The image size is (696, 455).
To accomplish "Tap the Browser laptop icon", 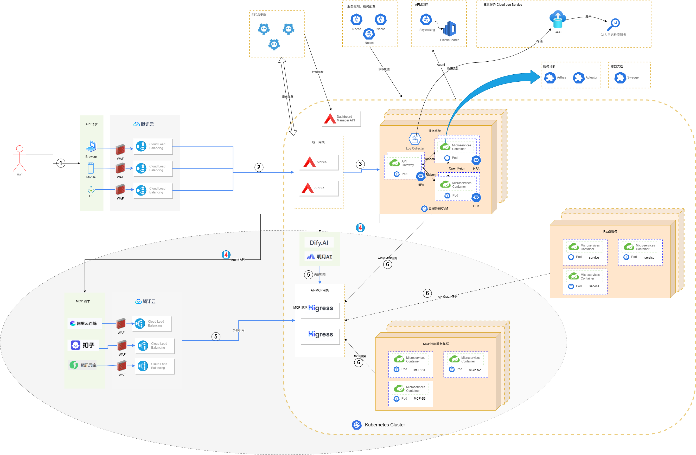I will [x=91, y=146].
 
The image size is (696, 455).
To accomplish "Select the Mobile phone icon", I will [x=91, y=168].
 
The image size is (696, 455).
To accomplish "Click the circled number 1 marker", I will [x=61, y=163].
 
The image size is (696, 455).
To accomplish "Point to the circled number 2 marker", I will [x=259, y=167].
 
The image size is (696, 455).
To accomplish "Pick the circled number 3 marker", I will [x=360, y=164].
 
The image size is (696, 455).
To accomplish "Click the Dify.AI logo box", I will [x=319, y=243].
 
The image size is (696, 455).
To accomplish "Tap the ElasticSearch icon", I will [x=450, y=29].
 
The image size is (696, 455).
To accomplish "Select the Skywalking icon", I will [x=426, y=20].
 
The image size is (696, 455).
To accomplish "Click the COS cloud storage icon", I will [x=558, y=19].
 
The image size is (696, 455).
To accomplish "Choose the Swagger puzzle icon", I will [x=620, y=78].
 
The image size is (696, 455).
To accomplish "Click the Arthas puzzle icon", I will [x=550, y=78].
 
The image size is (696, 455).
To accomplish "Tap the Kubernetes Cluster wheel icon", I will [x=356, y=425].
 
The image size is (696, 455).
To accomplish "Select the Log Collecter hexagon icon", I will [x=415, y=139].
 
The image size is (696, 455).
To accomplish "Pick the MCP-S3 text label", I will [x=419, y=399].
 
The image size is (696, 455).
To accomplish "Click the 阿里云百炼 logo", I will [x=84, y=323].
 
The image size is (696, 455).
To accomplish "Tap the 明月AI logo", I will [x=319, y=257].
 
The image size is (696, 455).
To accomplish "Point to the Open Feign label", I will [x=457, y=168].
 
